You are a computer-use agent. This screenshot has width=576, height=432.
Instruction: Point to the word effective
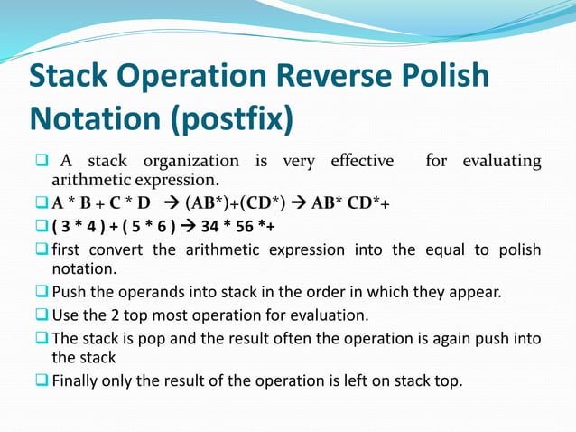pos(362,162)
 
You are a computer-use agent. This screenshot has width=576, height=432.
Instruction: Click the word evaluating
pos(502,162)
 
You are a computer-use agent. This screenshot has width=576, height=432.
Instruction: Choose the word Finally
pos(79,380)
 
